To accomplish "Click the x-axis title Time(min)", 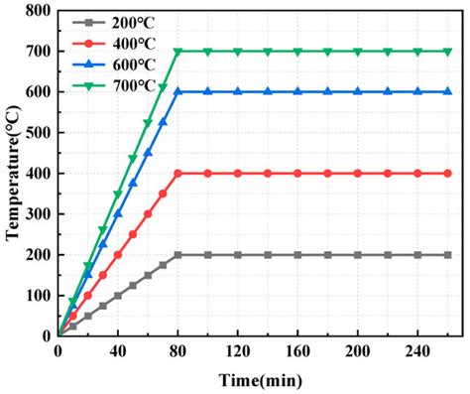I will pyautogui.click(x=262, y=378).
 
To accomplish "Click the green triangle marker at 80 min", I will pyautogui.click(x=177, y=52).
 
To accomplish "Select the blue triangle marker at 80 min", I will pyautogui.click(x=177, y=92).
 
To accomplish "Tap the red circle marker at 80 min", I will pyautogui.click(x=177, y=173).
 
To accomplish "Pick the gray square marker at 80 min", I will pyautogui.click(x=177, y=254).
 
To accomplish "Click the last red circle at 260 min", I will pyautogui.click(x=446, y=173).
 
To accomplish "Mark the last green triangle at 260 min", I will pyautogui.click(x=446, y=52).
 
